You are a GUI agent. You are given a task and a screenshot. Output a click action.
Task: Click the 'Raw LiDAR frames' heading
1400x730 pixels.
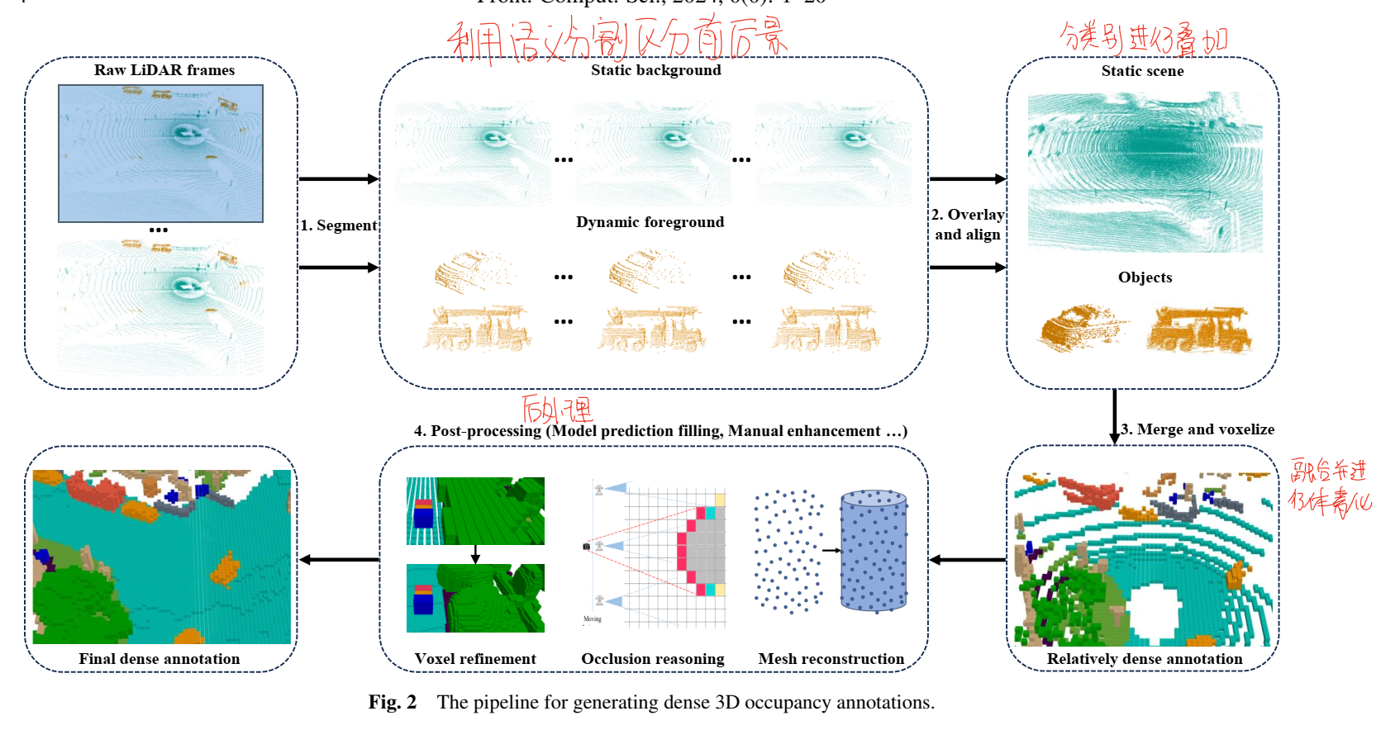point(164,70)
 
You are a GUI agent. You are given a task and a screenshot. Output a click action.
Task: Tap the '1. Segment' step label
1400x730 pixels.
point(338,225)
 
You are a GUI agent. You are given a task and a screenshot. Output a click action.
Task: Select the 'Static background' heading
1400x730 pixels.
point(655,70)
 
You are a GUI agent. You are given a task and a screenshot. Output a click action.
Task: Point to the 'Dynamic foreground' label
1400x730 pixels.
point(650,222)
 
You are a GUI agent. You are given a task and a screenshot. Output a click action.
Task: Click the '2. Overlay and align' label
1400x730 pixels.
point(967,225)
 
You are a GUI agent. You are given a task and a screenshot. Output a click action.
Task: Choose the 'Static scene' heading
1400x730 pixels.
point(1142,71)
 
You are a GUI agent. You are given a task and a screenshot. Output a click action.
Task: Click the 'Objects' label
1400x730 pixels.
point(1145,277)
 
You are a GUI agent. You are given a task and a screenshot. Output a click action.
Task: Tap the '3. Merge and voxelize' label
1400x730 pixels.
point(1198,429)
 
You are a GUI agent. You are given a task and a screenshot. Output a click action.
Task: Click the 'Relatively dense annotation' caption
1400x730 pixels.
point(1144,659)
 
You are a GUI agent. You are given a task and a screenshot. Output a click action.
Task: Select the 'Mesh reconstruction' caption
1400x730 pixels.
point(831,659)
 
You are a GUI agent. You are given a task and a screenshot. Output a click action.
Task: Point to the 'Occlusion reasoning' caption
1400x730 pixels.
point(652,659)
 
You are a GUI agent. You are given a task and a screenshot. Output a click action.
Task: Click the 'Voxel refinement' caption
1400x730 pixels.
point(475,659)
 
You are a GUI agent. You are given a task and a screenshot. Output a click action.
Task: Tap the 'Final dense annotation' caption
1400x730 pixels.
point(160,659)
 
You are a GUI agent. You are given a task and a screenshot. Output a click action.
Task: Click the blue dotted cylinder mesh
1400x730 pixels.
point(874,551)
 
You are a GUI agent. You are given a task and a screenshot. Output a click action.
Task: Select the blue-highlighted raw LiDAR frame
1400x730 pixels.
point(160,154)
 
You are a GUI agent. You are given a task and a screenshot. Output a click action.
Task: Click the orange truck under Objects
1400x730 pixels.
point(1198,329)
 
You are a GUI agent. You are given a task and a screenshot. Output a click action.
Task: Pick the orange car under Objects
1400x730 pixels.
point(1080,328)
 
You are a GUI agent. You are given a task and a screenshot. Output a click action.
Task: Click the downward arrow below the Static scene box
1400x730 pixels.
point(1114,417)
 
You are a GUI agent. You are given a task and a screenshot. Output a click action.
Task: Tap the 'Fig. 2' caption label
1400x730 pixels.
point(392,703)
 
